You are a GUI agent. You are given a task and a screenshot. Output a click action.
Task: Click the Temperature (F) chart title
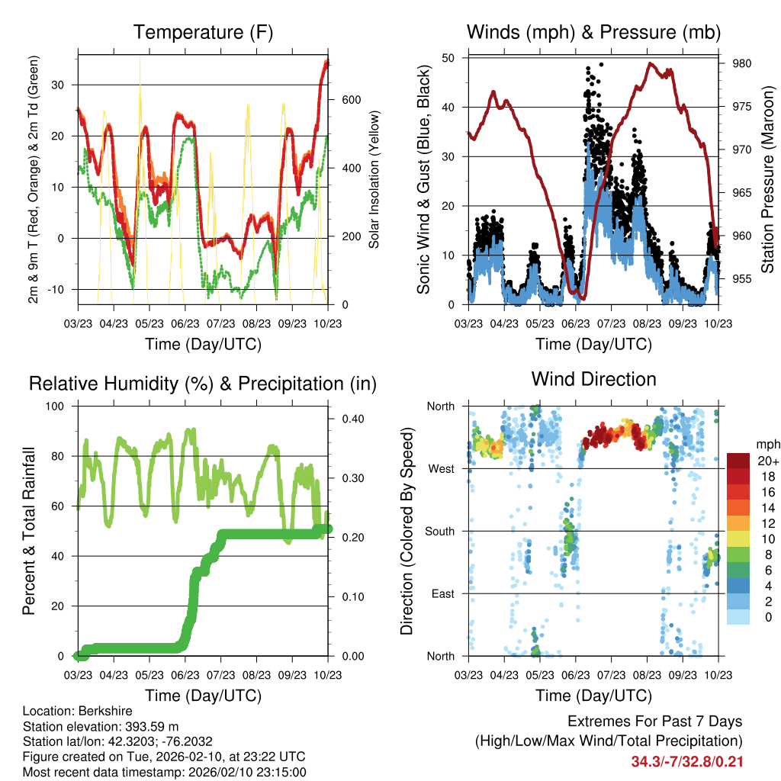click(203, 33)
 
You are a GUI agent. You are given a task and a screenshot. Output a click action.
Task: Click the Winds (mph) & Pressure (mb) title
click(593, 33)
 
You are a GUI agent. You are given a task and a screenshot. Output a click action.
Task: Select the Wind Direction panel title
click(593, 379)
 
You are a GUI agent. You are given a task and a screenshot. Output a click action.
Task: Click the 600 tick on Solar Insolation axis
click(350, 100)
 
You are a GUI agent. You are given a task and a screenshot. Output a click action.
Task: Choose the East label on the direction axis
click(442, 593)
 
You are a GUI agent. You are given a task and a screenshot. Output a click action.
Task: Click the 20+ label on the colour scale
click(767, 461)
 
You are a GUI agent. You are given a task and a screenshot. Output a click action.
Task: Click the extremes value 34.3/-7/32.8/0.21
click(687, 761)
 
